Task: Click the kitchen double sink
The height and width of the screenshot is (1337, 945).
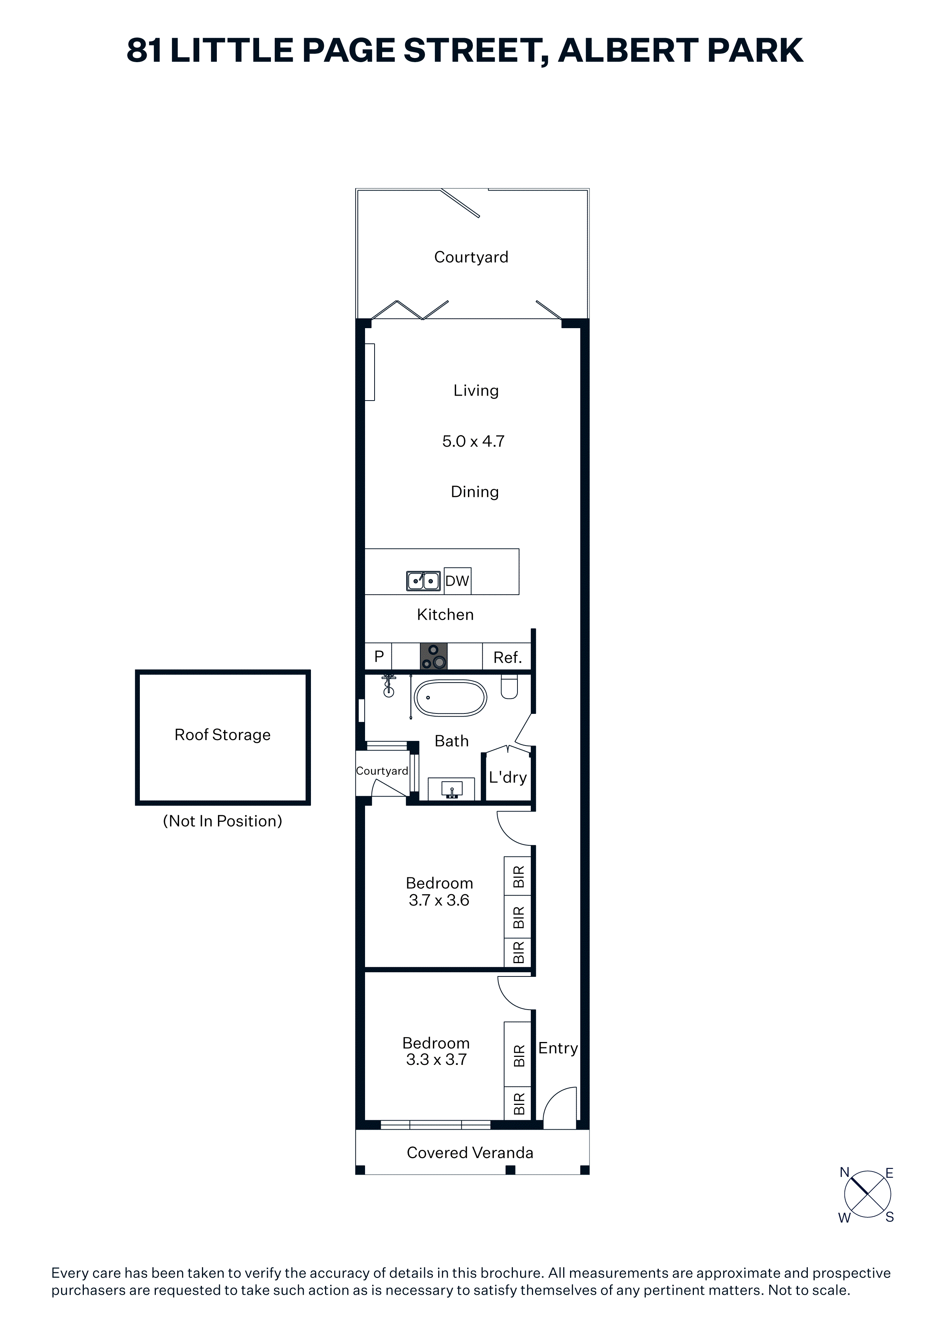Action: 423,580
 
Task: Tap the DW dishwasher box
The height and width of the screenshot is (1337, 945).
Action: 457,580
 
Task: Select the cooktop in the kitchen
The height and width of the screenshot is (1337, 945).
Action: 434,656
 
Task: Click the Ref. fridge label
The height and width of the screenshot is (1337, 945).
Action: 507,657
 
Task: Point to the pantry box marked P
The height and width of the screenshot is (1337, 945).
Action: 378,656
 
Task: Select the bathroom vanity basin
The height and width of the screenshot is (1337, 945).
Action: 452,789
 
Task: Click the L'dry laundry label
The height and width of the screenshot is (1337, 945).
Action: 508,778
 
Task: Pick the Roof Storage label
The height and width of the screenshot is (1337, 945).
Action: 223,735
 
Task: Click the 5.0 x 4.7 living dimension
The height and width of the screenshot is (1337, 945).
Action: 473,441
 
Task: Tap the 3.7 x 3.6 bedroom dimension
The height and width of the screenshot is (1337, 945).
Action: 439,900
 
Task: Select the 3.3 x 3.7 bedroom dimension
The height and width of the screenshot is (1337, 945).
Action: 437,1060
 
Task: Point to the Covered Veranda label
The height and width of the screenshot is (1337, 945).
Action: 470,1153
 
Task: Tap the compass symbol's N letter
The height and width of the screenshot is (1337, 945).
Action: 844,1173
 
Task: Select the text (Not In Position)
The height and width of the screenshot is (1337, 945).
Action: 223,821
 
